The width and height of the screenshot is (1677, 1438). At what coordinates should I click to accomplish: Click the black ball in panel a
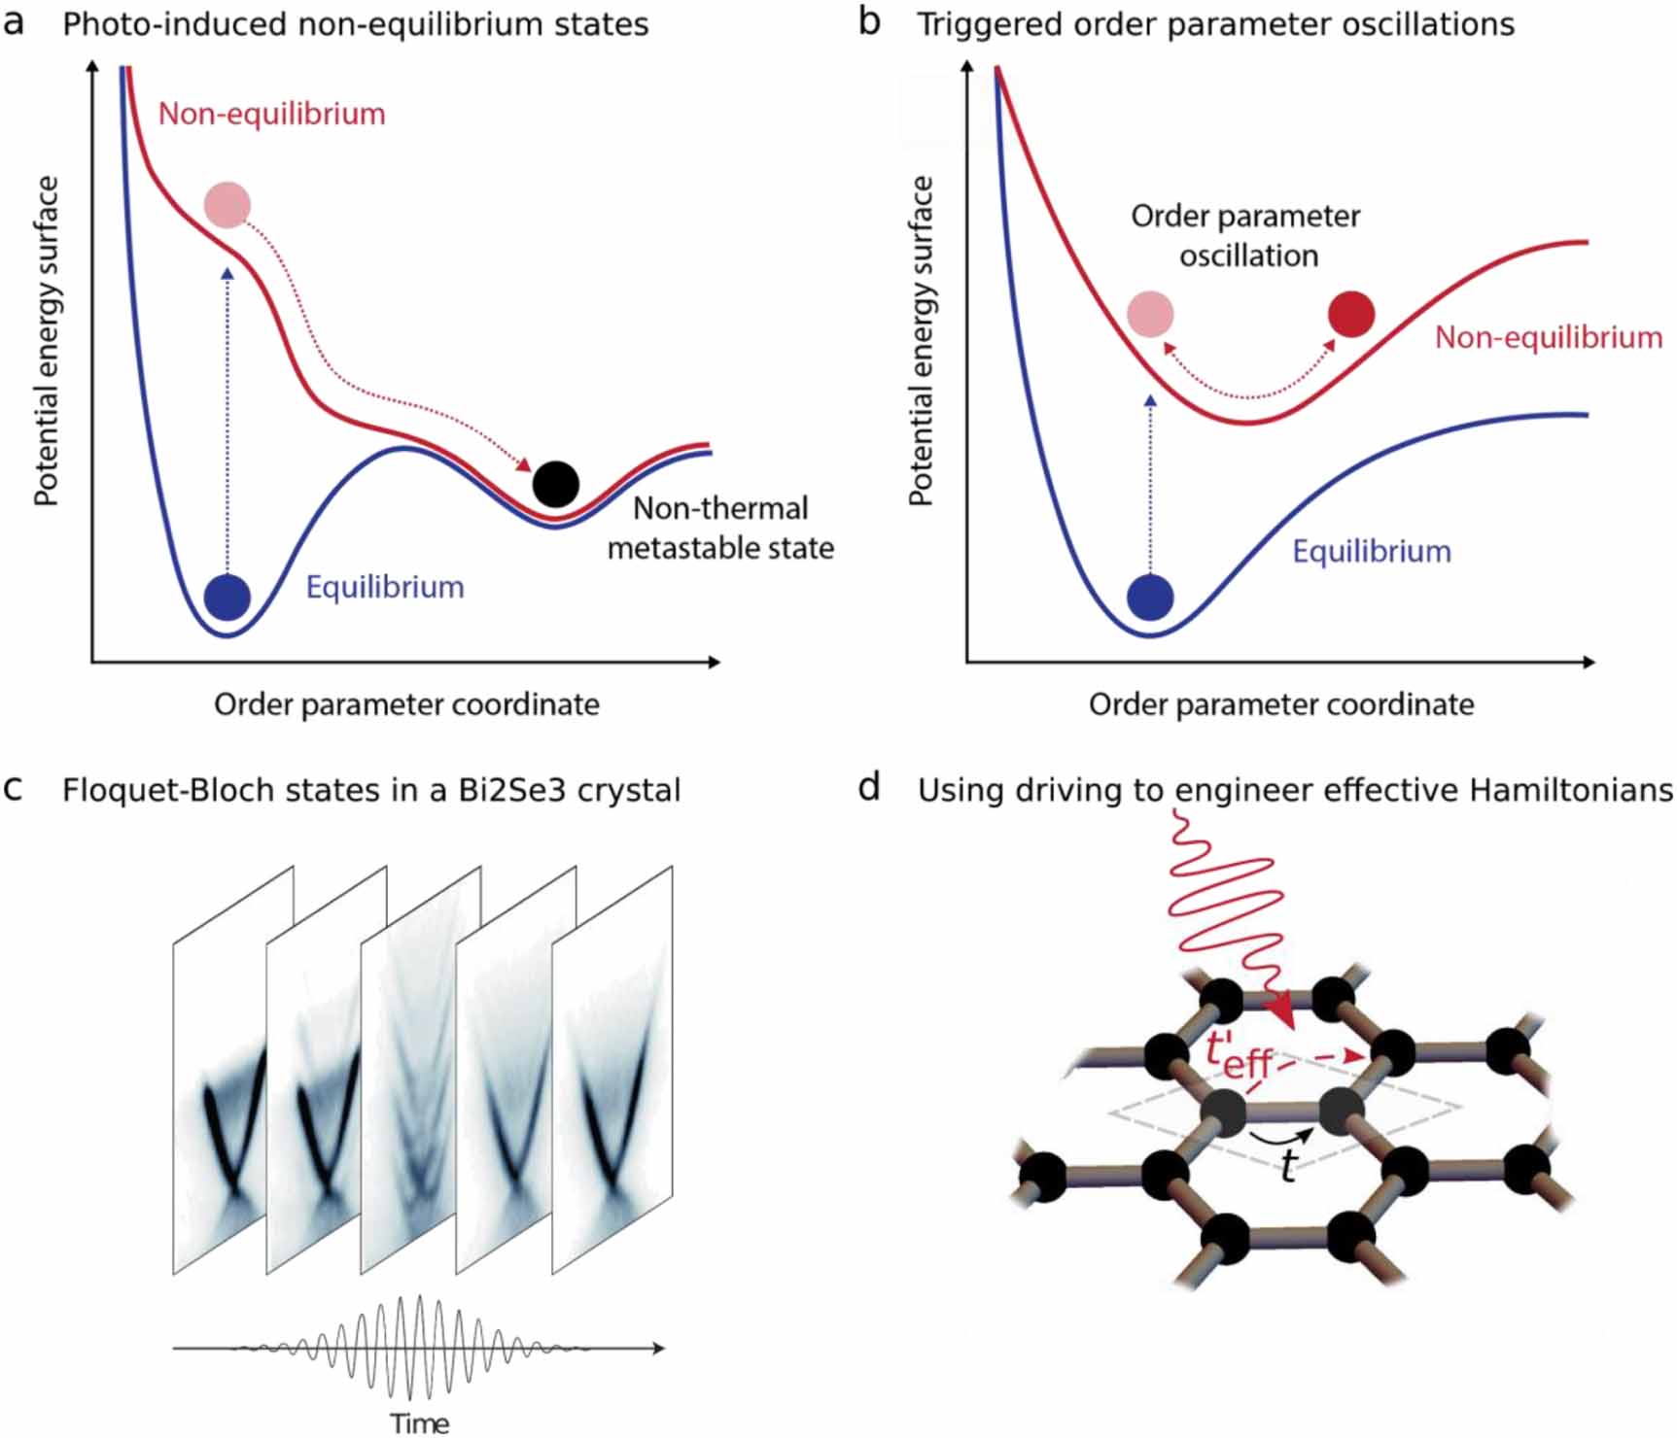555,484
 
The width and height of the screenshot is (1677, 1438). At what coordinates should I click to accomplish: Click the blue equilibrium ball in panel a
227,597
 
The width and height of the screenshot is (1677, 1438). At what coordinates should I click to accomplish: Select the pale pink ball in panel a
227,205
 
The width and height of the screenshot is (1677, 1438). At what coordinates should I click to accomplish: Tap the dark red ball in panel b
1350,314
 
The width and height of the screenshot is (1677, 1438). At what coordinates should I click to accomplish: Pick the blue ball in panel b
1150,597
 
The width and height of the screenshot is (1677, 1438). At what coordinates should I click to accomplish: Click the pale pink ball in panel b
1150,314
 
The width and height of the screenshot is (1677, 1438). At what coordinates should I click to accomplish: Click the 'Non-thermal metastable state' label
720,529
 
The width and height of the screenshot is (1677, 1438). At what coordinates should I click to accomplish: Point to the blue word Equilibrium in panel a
385,587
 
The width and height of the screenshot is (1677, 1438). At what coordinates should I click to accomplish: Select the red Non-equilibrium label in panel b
1548,337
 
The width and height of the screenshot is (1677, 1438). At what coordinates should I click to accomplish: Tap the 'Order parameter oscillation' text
1246,235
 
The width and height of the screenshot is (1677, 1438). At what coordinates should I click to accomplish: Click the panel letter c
14,788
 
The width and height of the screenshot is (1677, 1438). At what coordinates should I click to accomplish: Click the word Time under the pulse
419,1423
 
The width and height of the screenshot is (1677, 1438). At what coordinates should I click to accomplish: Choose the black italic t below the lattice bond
1288,1165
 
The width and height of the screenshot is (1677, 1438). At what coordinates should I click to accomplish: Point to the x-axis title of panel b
1280,704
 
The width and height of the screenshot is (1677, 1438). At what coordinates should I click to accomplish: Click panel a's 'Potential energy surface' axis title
46,340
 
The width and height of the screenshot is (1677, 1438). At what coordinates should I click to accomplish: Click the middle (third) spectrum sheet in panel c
420,1069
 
